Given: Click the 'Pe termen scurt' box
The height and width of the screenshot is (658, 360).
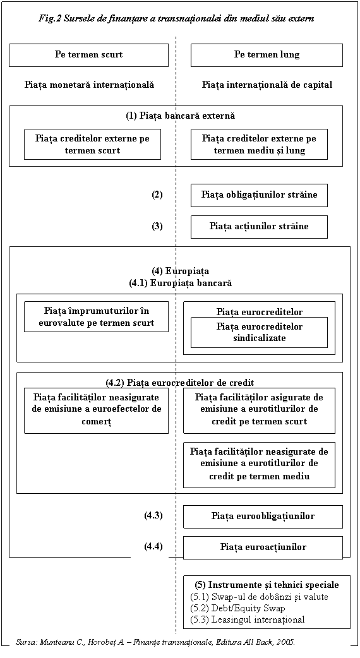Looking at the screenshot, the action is tap(88, 55).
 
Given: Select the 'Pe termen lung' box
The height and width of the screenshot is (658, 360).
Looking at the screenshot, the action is tap(267, 55).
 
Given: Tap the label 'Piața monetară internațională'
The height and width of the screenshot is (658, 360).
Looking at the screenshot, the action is tap(90, 85).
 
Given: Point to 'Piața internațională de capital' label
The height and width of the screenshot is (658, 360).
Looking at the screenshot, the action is tap(267, 85).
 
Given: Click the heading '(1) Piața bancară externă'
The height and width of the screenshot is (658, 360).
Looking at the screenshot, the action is tap(181, 116).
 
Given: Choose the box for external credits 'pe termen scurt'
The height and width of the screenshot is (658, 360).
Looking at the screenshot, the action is tap(92, 145).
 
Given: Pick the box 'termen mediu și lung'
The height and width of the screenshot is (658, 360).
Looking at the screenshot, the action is tap(259, 145).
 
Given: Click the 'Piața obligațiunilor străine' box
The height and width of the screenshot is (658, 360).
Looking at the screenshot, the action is tap(259, 195).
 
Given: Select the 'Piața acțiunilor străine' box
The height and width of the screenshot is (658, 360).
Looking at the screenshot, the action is tap(259, 227).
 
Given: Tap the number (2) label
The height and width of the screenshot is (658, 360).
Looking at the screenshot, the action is tap(157, 194).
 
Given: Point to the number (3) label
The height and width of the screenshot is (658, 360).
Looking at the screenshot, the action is tap(157, 227).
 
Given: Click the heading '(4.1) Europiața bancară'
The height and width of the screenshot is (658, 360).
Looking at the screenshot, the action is tap(181, 284).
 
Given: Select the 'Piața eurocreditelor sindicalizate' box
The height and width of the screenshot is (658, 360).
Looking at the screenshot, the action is tap(259, 332).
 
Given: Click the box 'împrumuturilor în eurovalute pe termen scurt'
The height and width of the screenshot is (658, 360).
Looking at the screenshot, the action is tap(96, 317).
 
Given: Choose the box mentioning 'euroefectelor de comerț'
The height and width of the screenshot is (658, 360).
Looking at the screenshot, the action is tap(96, 411).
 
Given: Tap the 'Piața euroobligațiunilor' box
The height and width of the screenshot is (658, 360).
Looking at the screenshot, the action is tap(263, 517).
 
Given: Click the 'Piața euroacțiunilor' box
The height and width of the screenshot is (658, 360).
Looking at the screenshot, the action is tap(263, 547).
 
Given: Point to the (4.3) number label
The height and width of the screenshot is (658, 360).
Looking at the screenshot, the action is tap(153, 516).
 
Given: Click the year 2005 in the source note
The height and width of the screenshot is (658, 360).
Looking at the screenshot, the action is tap(287, 642).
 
